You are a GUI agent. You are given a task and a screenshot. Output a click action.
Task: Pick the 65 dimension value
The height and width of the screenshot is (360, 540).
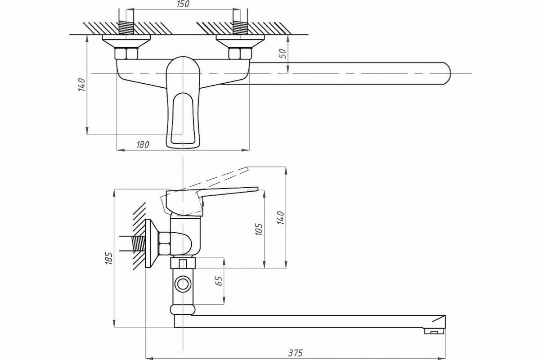(219, 281)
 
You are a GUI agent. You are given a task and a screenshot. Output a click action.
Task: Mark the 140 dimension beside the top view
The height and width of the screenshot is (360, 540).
(81, 85)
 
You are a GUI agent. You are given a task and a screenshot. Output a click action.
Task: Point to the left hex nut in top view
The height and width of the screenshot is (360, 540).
(126, 54)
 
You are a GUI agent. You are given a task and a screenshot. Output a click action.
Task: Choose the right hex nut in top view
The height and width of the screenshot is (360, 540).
(239, 54)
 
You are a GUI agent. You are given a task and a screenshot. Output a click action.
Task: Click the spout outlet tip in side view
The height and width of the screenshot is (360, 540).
(435, 332)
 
